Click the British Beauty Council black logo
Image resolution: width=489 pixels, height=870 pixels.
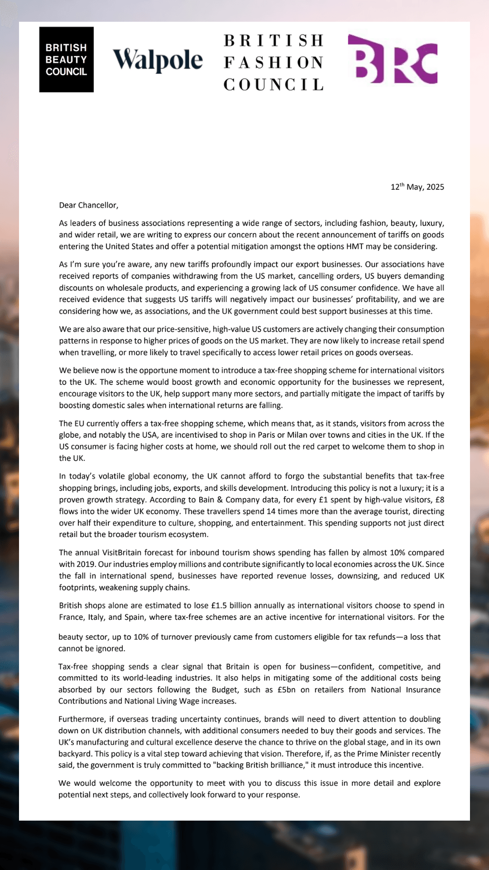(x=66, y=59)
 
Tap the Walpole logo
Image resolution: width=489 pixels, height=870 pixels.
(x=158, y=60)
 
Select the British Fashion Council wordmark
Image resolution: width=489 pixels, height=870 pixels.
(x=274, y=63)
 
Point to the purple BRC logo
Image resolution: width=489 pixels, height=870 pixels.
(x=393, y=59)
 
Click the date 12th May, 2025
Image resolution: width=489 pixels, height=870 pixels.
(x=417, y=187)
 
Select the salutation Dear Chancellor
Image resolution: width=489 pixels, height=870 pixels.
(x=88, y=205)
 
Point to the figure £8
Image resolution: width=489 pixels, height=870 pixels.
(x=439, y=500)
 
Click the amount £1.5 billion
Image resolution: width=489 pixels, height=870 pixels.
(x=232, y=606)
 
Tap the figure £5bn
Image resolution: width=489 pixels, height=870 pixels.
(x=286, y=690)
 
